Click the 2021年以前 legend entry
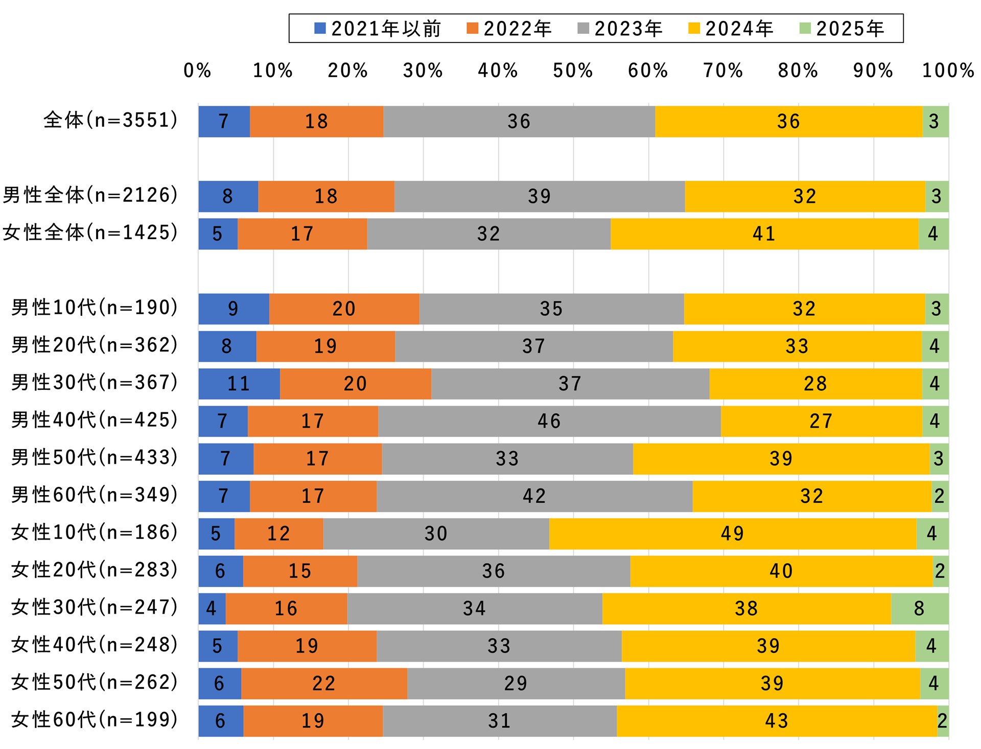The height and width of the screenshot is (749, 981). click(x=378, y=29)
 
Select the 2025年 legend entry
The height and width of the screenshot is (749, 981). click(x=842, y=29)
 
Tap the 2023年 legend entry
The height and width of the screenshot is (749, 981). click(x=620, y=29)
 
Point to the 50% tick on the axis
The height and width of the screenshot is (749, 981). click(x=573, y=71)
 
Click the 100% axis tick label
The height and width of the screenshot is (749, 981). click(x=948, y=71)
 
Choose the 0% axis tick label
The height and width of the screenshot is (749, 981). click(x=197, y=71)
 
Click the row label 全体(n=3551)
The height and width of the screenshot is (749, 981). click(x=111, y=121)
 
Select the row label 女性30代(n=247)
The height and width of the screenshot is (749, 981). click(x=95, y=607)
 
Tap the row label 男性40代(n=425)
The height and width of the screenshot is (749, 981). click(x=95, y=420)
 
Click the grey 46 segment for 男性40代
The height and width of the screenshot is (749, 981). click(x=549, y=421)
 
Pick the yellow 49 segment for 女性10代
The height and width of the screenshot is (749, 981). click(x=732, y=533)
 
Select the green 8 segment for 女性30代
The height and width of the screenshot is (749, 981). click(x=919, y=608)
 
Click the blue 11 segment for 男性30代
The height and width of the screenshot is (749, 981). click(x=239, y=384)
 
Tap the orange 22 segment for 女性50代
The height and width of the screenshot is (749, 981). click(x=324, y=683)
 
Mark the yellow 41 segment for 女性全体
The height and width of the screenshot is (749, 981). click(x=764, y=234)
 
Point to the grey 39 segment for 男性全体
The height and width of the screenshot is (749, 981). click(x=539, y=196)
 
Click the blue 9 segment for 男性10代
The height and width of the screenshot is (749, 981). click(x=233, y=309)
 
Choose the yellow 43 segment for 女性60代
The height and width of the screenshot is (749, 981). click(x=777, y=721)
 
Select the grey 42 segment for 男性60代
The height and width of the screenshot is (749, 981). click(x=534, y=496)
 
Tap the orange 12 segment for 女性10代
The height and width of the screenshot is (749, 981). click(x=278, y=533)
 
